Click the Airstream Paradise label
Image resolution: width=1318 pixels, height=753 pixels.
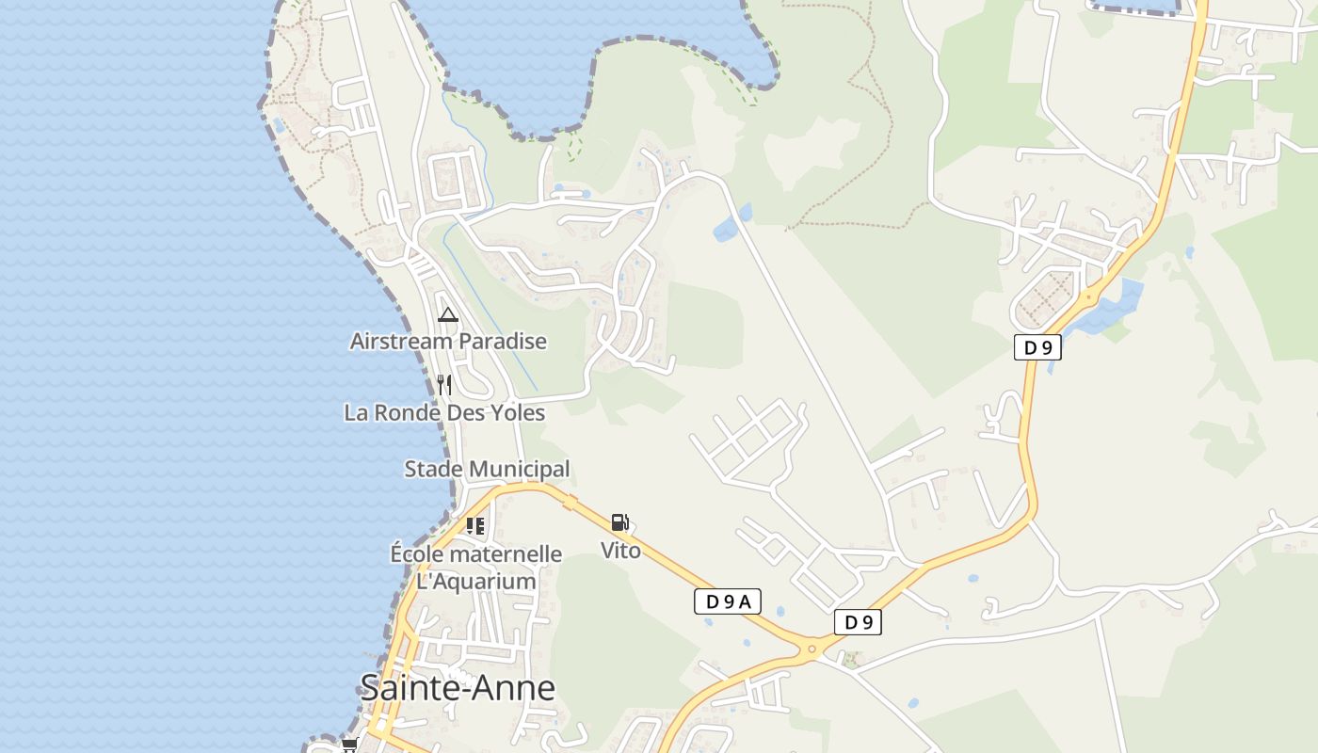[x=448, y=341]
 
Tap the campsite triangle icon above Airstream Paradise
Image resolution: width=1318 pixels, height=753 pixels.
[x=448, y=314]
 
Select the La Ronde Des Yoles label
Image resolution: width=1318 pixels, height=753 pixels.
[x=444, y=412]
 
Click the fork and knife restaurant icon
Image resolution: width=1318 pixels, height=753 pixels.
[x=444, y=385]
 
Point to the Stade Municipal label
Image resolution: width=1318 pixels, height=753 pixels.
[x=487, y=469]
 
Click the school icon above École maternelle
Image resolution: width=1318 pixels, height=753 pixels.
[x=475, y=526]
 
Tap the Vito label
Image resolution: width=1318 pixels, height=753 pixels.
[x=621, y=550]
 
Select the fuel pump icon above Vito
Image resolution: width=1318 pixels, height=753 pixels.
[x=619, y=522]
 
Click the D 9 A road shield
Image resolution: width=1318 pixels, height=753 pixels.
[x=728, y=601]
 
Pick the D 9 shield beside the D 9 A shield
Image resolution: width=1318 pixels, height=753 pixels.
[x=858, y=622]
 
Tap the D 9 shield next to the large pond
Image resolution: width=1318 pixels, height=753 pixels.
[x=1037, y=347]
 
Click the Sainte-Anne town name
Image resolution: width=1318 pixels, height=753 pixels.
[x=458, y=688]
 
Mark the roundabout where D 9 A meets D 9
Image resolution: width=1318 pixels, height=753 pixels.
[x=811, y=648]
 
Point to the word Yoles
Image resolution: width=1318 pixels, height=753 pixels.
[x=516, y=412]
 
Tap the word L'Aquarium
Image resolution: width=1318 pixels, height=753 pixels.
[x=476, y=581]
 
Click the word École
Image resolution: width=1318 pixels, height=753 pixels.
[x=416, y=554]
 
